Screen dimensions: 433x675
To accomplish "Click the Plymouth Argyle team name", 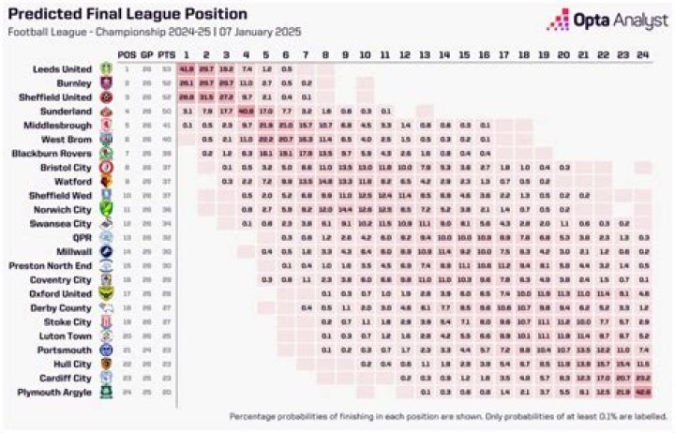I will tap(58, 392).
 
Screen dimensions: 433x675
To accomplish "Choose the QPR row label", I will tap(82, 237).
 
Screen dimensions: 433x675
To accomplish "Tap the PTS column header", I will tap(167, 55).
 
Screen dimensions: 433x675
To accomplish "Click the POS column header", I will tap(127, 55).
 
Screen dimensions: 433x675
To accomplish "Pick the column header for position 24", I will tap(642, 55).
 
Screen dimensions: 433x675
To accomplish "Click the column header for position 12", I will tap(405, 55).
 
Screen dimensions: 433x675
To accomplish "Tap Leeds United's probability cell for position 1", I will tap(186, 69).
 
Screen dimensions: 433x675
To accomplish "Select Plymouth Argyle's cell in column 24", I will tap(642, 392).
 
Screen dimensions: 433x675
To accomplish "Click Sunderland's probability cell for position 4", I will tap(247, 111).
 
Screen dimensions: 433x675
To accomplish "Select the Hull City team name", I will tap(72, 364).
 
